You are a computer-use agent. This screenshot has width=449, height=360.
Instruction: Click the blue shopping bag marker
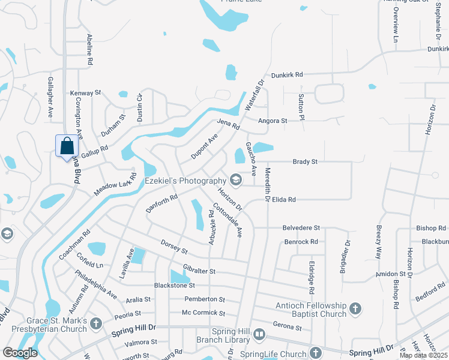pyautogui.click(x=67, y=145)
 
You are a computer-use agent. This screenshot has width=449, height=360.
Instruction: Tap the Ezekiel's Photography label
pyautogui.click(x=184, y=181)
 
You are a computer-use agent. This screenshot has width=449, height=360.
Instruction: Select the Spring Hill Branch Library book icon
pyautogui.click(x=259, y=334)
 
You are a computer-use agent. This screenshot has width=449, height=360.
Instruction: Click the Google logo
pyautogui.click(x=20, y=353)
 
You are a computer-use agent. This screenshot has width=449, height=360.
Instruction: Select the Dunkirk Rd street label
pyautogui.click(x=287, y=75)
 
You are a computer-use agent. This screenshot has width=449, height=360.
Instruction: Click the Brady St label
pyautogui.click(x=305, y=161)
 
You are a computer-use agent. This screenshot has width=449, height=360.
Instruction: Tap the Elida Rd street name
pyautogui.click(x=284, y=199)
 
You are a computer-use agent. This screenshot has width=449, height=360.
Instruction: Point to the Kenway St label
pyautogui.click(x=85, y=93)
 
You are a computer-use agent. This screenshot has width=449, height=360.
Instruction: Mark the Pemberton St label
pyautogui.click(x=204, y=299)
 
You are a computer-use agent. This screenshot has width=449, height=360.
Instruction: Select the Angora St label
pyautogui.click(x=273, y=121)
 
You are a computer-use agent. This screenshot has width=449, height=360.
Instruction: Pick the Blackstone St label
pyautogui.click(x=173, y=286)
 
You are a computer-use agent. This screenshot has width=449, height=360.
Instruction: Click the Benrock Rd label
pyautogui.click(x=301, y=242)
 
